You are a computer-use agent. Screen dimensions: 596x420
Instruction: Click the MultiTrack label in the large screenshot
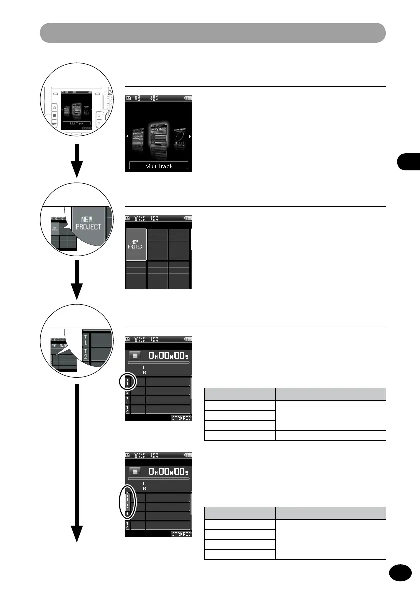tap(158, 165)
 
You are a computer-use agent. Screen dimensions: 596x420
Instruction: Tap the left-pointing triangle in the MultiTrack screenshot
tap(127, 136)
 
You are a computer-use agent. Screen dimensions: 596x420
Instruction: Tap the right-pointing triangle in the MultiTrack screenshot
tap(189, 136)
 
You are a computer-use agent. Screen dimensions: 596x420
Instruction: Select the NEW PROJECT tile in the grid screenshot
tap(136, 245)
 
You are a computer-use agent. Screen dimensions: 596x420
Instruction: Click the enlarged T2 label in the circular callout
tap(86, 354)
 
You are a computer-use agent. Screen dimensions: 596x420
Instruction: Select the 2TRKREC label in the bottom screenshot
tap(181, 534)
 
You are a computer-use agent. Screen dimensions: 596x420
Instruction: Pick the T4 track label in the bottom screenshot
tap(127, 525)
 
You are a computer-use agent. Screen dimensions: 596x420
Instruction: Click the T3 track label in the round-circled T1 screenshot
tap(127, 400)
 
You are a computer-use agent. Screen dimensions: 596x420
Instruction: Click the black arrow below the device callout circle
tap(76, 161)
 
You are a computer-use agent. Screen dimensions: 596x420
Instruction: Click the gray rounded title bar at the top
tap(213, 33)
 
